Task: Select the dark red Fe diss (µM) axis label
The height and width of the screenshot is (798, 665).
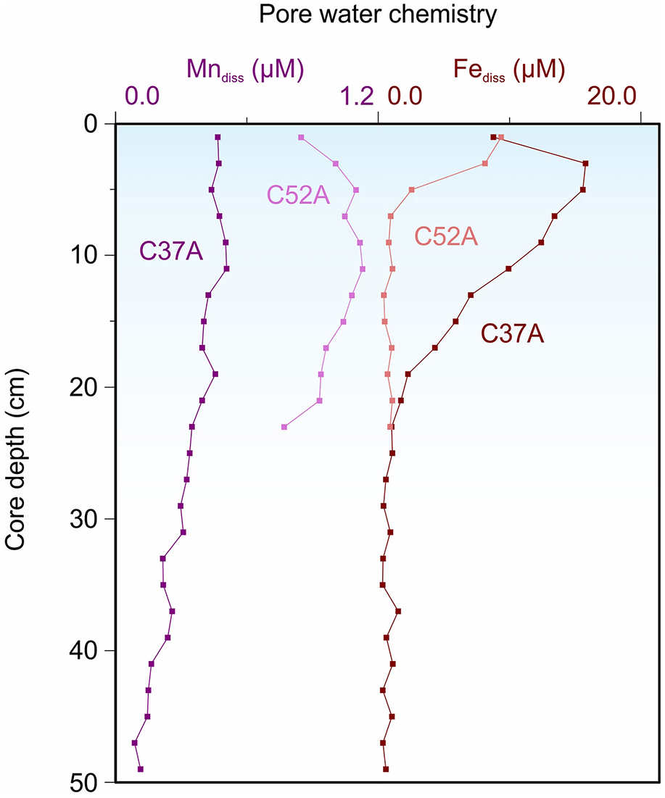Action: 509,70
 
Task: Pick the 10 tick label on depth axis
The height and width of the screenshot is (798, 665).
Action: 90,256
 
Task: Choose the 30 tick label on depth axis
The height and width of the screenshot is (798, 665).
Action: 90,519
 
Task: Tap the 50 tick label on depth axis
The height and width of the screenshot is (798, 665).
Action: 90,783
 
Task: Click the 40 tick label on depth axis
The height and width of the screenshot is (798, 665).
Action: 90,651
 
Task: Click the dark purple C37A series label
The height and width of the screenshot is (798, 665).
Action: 170,252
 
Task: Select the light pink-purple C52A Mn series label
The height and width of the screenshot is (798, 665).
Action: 299,194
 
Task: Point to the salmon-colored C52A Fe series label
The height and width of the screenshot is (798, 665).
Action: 446,237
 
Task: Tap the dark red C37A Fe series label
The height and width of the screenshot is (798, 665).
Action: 513,333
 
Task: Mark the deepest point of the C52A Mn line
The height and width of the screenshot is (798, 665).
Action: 284,427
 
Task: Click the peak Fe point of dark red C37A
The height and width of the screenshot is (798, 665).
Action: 585,164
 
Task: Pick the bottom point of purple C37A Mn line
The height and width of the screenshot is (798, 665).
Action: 141,769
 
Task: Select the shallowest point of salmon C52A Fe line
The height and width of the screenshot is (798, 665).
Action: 501,137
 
